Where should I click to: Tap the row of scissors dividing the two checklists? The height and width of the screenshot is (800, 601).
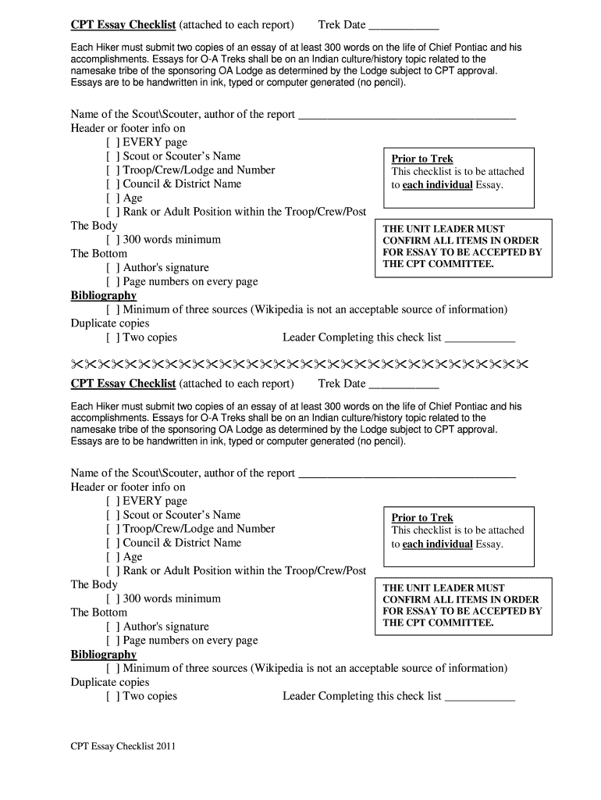(300, 365)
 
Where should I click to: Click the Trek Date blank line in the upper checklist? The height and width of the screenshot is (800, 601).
(403, 27)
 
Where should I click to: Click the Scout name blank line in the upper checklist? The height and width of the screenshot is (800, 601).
(407, 116)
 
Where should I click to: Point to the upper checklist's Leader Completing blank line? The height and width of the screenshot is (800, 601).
(480, 339)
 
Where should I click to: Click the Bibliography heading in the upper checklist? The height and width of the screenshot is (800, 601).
(104, 296)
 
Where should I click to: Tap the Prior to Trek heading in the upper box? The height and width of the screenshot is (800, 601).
(422, 159)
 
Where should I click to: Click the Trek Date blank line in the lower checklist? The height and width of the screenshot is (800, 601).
(403, 385)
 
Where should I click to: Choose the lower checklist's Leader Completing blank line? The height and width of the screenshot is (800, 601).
(480, 698)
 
